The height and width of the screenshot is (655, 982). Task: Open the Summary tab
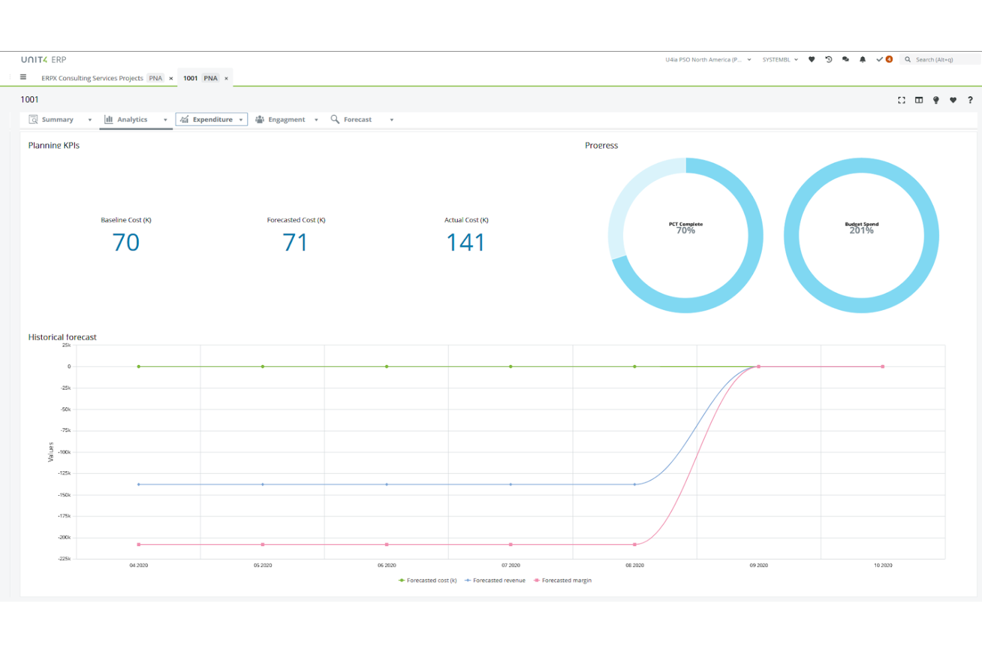coord(57,119)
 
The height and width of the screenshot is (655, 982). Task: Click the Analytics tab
coord(132,119)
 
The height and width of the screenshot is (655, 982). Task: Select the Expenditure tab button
coord(212,119)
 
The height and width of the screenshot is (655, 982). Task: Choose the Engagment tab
coord(286,119)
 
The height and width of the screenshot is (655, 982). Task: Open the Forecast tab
coord(357,119)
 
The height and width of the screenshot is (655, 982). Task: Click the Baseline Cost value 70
coord(126,243)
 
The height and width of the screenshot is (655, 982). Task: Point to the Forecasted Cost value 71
coord(295,243)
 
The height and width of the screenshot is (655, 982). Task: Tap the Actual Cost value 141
coord(466,243)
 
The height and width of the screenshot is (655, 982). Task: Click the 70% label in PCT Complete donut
coord(685,230)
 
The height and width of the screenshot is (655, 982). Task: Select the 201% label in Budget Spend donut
coord(861,230)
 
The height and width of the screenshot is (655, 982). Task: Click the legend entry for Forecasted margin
coord(566,581)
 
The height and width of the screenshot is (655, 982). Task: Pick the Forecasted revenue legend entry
coord(498,581)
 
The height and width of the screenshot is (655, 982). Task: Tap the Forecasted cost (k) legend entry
coord(431,581)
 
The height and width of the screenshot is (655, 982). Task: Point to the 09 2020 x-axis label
coord(758,565)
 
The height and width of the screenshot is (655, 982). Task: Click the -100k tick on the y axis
coord(64,452)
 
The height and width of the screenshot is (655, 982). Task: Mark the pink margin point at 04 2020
coord(139,545)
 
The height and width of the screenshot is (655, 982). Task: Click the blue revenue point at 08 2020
coord(635,484)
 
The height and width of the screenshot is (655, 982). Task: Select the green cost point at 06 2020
coord(387,366)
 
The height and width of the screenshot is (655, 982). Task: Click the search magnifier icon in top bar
coord(908,60)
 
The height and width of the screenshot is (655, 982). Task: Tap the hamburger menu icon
coord(23,77)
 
